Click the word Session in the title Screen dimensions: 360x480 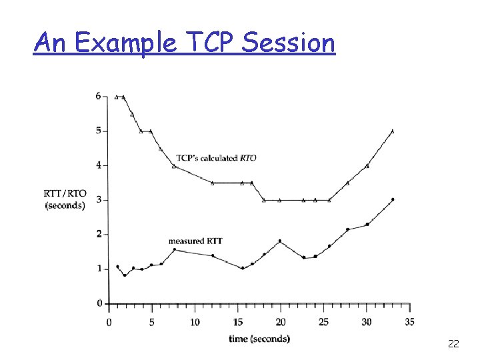coord(289,43)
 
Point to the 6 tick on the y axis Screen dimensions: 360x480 coord(98,96)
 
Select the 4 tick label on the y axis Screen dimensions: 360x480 coord(98,165)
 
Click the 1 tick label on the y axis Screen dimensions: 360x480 coord(98,269)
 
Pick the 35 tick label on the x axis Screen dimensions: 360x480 coord(409,322)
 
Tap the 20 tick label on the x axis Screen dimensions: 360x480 coord(280,322)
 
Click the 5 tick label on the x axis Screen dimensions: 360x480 coord(151,322)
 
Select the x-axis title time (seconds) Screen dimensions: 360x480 coord(259,339)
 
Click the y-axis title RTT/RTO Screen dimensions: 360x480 coord(65,193)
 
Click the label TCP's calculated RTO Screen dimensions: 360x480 coord(216,158)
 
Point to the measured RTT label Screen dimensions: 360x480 coord(195,241)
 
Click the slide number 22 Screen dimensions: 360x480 coord(453,344)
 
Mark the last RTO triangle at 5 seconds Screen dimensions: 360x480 coord(392,131)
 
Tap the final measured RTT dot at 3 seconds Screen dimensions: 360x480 coord(393,199)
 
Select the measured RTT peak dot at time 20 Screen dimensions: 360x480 coord(280,241)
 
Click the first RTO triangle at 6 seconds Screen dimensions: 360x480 coord(117,97)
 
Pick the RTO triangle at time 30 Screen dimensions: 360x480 coord(367,166)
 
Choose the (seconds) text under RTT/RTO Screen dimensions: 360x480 coord(65,205)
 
